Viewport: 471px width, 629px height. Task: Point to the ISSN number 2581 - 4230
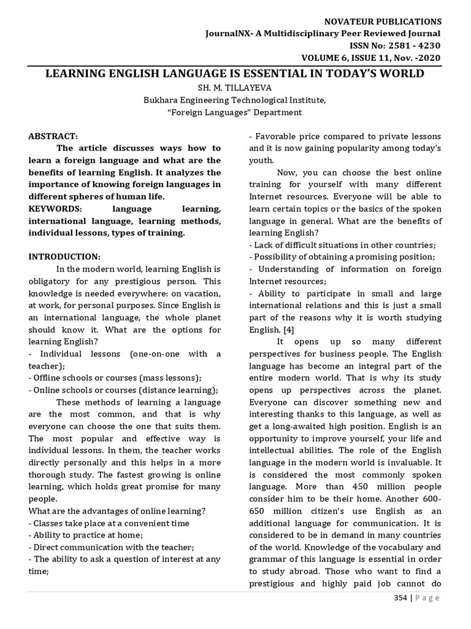coord(416,45)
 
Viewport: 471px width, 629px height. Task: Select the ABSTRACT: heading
coord(53,136)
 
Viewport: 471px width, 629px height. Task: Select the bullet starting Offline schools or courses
coord(115,378)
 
